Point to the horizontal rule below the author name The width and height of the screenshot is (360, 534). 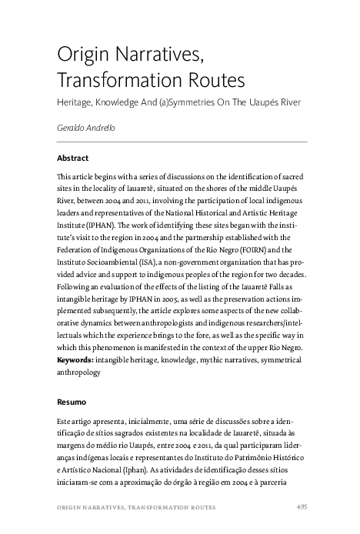click(182, 142)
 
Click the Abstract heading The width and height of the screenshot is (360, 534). click(73, 158)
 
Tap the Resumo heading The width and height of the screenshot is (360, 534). click(72, 401)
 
